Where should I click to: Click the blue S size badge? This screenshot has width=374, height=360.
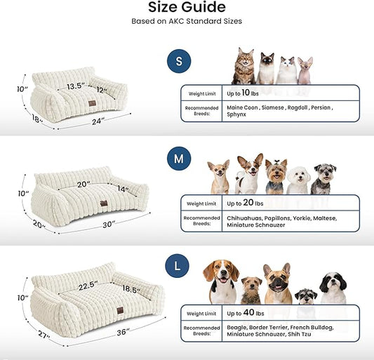tap(178, 61)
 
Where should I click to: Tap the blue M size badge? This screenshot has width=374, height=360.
tap(178, 159)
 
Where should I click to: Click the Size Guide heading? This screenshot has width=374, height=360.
tap(187, 8)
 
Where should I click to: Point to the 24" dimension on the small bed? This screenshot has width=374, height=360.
tap(98, 121)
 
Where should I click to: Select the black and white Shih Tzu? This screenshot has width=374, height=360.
tap(333, 288)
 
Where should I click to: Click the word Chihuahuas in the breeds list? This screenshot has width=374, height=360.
tap(246, 218)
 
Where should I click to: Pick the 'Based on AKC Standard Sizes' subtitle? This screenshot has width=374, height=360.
tap(187, 21)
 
